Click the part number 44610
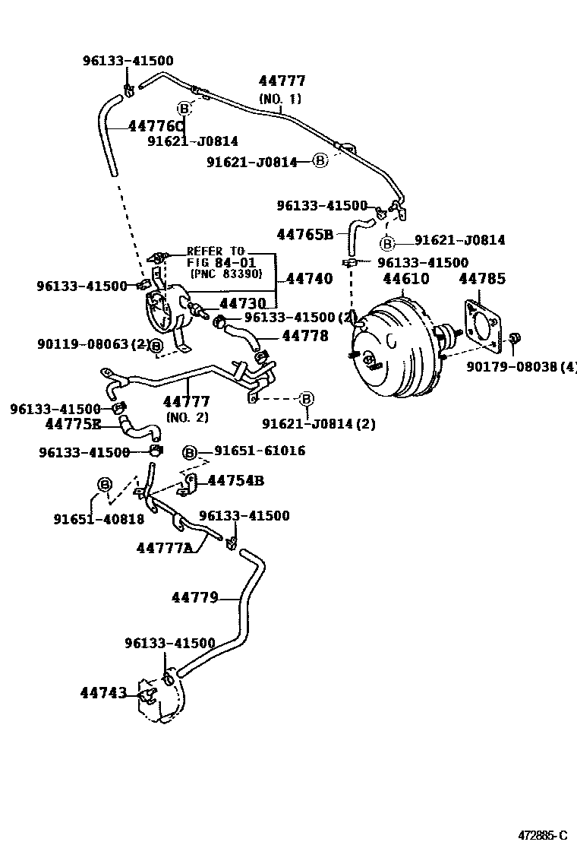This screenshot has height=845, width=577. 405,279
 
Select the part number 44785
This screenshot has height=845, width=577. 481,279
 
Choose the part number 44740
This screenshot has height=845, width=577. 309,279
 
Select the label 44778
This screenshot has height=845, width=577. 305,334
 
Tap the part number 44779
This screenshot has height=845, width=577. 194,597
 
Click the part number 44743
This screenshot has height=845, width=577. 103,692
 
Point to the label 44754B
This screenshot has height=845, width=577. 235,480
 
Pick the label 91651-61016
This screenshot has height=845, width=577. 260,451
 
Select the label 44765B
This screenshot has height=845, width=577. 305,235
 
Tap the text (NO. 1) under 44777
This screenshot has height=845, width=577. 280,98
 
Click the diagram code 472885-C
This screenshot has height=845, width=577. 543,834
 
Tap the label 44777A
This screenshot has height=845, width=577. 165,547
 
